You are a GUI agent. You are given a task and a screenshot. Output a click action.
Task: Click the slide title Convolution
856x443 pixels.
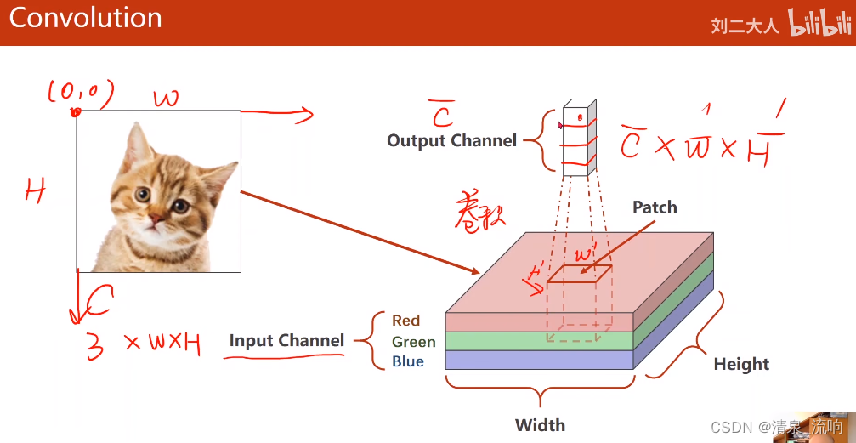click(85, 19)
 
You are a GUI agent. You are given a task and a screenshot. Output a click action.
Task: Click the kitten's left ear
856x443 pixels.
click(135, 143)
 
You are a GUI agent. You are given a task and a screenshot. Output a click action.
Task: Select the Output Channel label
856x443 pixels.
click(451, 140)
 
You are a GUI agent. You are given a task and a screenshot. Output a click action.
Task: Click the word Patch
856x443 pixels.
click(655, 207)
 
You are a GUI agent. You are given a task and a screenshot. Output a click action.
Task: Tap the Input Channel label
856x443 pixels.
click(286, 341)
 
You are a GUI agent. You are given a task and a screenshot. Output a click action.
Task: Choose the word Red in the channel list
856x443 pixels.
click(406, 321)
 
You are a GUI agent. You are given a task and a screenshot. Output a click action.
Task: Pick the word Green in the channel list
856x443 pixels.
click(414, 342)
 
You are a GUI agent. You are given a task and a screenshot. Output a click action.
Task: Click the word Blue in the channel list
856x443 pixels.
click(408, 362)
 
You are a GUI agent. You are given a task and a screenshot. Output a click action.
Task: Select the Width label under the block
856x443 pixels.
click(540, 425)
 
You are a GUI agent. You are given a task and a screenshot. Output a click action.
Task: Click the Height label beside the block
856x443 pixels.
click(741, 364)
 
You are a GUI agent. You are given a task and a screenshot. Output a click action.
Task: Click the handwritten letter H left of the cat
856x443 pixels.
click(35, 192)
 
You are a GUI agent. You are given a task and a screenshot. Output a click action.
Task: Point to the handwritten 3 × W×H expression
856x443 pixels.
click(144, 344)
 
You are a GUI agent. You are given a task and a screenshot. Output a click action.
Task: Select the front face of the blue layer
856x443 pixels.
click(540, 361)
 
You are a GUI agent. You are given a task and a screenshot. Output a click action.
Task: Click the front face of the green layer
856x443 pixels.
click(540, 341)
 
